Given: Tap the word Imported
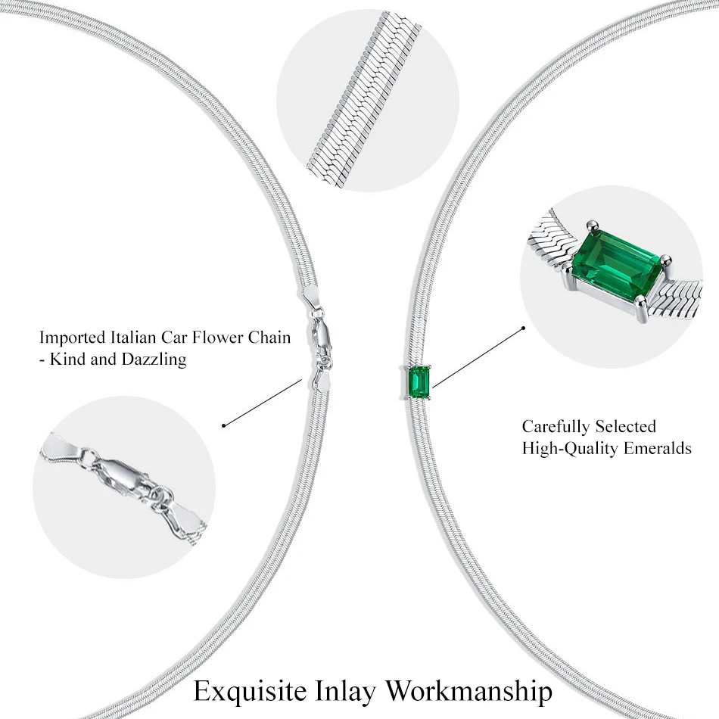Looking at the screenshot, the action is click(x=72, y=337).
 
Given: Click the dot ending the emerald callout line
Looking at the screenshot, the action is click(x=523, y=328).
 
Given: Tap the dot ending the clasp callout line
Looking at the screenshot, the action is click(x=224, y=425).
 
